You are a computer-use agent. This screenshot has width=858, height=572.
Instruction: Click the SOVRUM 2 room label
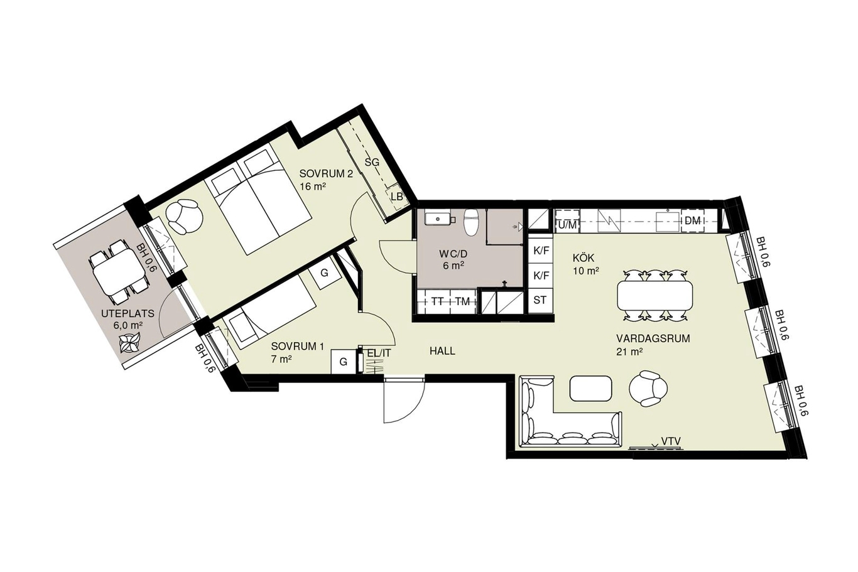(x=326, y=173)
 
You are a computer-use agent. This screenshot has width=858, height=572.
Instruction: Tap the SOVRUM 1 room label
(x=298, y=347)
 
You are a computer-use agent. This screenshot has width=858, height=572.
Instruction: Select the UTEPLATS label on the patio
(x=128, y=313)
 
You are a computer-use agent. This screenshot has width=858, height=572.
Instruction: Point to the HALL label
(x=442, y=351)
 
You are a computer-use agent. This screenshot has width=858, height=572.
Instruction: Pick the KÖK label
(x=583, y=257)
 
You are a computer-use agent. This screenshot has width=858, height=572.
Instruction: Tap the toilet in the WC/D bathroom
(x=471, y=223)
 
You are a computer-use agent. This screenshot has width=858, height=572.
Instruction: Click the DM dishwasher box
(x=692, y=220)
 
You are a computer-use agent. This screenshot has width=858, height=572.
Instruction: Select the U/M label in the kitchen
(x=567, y=225)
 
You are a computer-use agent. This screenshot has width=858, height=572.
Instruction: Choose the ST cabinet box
(x=540, y=300)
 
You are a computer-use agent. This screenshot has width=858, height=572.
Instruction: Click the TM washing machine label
(x=463, y=302)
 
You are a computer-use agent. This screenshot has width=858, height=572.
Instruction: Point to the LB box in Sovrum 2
(x=397, y=197)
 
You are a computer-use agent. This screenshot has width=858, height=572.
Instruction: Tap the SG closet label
(x=372, y=163)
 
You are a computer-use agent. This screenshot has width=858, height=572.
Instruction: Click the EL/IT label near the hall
(x=379, y=353)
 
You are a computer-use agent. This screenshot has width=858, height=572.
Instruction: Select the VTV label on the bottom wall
(x=671, y=441)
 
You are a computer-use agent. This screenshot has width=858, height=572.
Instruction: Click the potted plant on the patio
(x=129, y=342)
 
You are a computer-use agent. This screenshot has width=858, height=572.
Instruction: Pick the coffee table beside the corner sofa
(x=590, y=389)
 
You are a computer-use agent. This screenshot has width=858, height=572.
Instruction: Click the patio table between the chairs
(x=119, y=271)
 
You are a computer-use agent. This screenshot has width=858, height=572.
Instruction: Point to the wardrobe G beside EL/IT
(x=343, y=362)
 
